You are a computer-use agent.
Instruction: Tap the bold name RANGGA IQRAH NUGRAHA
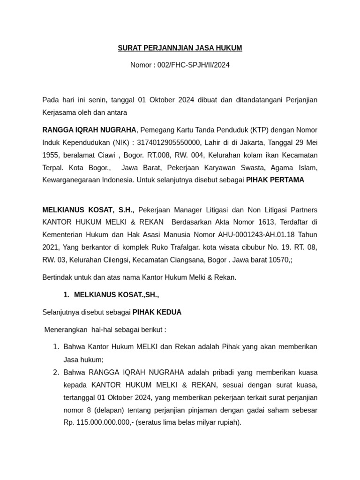tap(89, 129)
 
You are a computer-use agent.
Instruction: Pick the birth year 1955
tap(51, 155)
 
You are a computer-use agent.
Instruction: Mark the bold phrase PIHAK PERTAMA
tap(275, 180)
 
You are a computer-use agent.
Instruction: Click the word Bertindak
tap(57, 277)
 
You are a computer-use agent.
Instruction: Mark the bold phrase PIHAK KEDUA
tap(157, 312)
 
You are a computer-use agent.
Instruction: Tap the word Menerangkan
tap(66, 330)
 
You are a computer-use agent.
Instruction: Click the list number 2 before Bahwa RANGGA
tap(55, 372)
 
